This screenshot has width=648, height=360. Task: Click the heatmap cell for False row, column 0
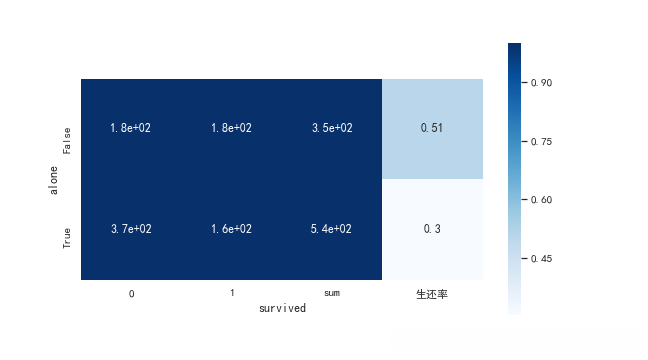point(131,128)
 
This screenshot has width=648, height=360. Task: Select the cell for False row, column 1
point(231,128)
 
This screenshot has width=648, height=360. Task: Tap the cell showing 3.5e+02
point(331,128)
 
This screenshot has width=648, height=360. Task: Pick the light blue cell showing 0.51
point(432,128)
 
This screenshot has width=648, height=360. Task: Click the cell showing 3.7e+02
point(131,229)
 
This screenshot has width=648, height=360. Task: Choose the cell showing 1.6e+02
point(231,229)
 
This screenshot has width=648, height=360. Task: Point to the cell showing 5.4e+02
point(331,229)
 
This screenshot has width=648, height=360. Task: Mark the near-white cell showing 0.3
point(432,229)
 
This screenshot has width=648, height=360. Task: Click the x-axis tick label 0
point(131,294)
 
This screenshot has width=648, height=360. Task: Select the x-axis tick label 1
point(231,294)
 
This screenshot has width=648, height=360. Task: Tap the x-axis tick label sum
point(331,294)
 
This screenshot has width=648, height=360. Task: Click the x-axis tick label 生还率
point(432,294)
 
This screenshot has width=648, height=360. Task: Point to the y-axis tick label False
point(67,140)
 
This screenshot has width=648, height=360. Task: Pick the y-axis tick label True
point(67,238)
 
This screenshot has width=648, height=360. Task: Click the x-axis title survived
point(282,309)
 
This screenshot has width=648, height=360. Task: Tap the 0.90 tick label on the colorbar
point(542,83)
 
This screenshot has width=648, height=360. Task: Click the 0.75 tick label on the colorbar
point(542,142)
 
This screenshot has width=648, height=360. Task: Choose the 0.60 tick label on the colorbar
point(542,200)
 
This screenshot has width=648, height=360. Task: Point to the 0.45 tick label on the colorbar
point(542,259)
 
